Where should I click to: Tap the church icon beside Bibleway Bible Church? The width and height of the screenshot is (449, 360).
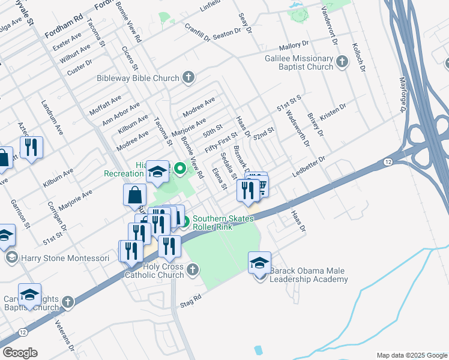[188, 77]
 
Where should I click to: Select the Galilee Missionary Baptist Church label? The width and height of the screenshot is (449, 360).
[299, 62]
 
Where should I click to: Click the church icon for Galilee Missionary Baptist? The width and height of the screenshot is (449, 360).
[342, 61]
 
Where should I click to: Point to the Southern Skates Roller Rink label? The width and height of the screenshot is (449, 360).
[220, 223]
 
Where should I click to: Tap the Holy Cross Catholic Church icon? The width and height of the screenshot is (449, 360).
[193, 269]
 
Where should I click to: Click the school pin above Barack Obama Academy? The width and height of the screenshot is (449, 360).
[259, 262]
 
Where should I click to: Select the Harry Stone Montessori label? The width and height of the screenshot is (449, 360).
[65, 258]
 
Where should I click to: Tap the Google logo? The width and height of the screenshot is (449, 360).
[20, 353]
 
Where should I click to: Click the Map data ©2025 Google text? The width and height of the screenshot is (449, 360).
[411, 355]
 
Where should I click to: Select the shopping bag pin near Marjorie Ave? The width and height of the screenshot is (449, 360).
[134, 196]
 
